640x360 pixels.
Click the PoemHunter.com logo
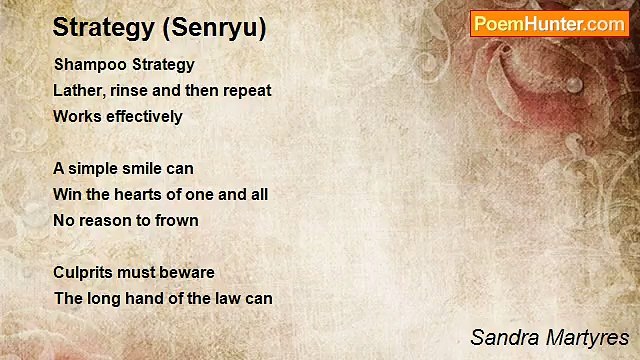point(549,23)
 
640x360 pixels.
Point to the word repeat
point(246,90)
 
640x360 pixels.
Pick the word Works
point(74,116)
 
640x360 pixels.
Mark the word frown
point(176,220)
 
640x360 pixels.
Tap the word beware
point(189,272)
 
